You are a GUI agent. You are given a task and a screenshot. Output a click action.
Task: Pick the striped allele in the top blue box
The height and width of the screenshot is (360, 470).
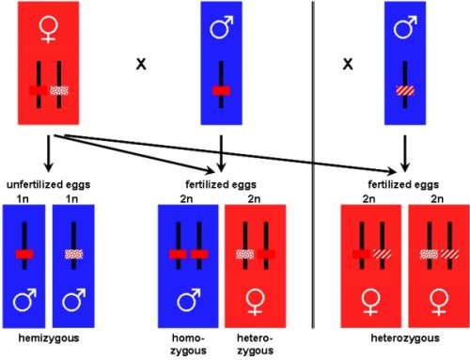click(x=404, y=90)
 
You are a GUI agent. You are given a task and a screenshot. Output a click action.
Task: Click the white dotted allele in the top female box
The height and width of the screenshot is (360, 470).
click(x=59, y=90)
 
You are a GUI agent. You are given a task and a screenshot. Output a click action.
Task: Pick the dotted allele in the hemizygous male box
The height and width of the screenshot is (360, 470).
click(x=71, y=254)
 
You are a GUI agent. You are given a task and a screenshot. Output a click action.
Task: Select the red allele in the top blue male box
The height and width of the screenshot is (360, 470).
click(x=221, y=90)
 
